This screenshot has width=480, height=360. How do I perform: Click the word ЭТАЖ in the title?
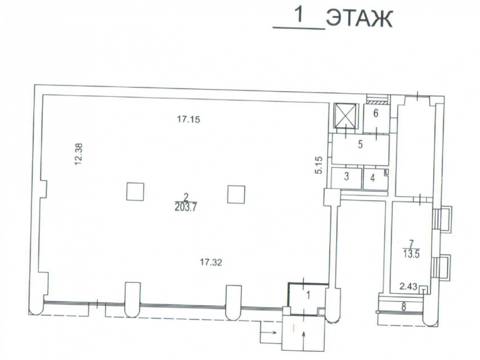[359, 19]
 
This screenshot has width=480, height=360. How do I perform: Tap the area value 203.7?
[186, 207]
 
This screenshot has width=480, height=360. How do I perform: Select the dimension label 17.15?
[189, 119]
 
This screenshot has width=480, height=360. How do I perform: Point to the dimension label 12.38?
[79, 155]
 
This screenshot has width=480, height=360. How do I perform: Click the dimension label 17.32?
[211, 263]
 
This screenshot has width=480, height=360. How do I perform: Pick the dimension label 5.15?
[319, 165]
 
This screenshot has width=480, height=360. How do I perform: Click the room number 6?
[376, 113]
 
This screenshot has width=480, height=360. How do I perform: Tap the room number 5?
[360, 144]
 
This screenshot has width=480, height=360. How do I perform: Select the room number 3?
[347, 176]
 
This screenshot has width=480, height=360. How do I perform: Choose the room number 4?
[372, 178]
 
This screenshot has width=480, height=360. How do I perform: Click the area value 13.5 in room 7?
[411, 254]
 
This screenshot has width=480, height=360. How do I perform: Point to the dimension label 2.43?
[408, 287]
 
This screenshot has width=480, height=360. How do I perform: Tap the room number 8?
[404, 307]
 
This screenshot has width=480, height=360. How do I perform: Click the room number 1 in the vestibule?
[309, 296]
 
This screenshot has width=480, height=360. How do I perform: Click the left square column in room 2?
[135, 192]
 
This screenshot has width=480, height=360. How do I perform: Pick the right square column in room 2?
[236, 194]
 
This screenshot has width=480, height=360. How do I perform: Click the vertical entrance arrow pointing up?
[304, 341]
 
